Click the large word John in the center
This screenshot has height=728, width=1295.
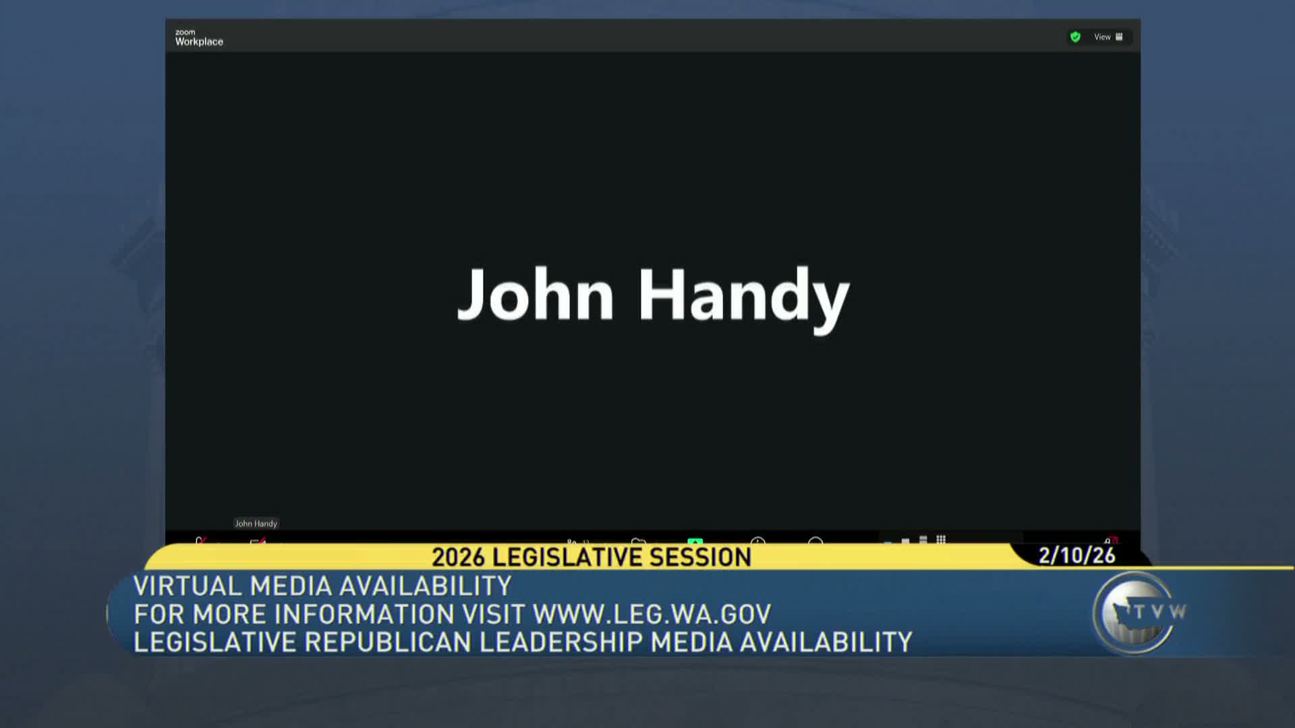click(x=536, y=295)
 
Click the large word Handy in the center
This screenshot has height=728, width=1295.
click(x=743, y=299)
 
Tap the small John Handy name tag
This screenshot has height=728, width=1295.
click(x=256, y=524)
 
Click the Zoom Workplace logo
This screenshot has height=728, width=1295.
click(x=199, y=38)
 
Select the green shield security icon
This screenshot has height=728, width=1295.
click(x=1075, y=37)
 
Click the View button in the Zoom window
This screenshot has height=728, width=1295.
click(x=1108, y=37)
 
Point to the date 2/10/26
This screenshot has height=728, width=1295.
click(x=1076, y=555)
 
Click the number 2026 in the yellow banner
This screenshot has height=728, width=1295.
click(x=458, y=557)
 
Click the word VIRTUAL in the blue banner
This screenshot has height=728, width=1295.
click(x=188, y=586)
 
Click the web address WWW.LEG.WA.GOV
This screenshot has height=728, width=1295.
click(x=652, y=614)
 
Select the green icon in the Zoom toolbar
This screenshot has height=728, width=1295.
click(x=695, y=541)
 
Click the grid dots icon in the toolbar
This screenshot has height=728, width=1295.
click(x=941, y=540)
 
